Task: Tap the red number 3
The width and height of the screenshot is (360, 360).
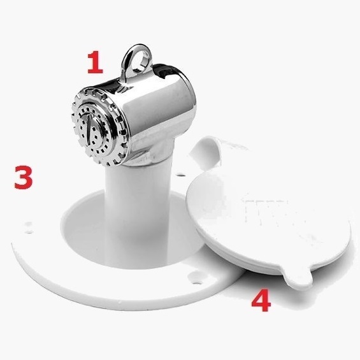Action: pos(24,177)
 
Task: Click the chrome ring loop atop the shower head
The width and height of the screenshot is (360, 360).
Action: pos(136,60)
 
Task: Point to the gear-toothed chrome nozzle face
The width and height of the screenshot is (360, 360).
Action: pos(98,127)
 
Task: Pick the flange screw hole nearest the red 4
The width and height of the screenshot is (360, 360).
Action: pos(196,280)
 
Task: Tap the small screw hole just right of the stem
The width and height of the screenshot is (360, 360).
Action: pos(181,175)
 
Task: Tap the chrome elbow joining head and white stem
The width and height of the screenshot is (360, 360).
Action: pos(149,154)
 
